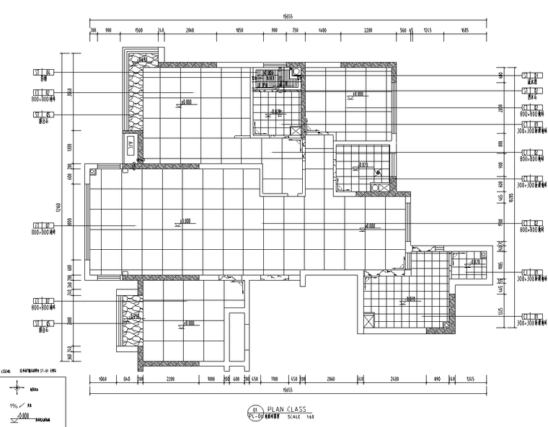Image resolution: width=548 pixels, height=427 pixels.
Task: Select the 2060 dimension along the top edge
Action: coord(190,31)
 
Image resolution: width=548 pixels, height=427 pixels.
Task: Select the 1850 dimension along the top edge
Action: coord(239,31)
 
